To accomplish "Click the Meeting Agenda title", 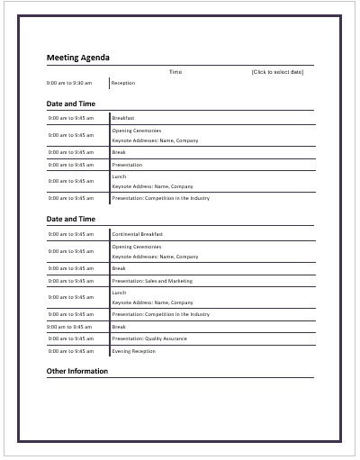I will [78, 58].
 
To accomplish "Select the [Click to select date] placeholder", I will [277, 71].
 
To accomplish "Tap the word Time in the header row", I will [175, 71].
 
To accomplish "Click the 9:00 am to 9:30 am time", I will [69, 83].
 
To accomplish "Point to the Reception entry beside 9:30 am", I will [123, 83].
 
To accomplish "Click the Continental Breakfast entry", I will [138, 234].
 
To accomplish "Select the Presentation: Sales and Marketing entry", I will [152, 281].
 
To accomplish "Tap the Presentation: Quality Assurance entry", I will [149, 338].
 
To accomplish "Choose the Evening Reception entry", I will [133, 351].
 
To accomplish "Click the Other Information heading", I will [77, 371].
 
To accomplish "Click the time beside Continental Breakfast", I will [70, 234].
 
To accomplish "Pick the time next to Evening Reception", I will [70, 351].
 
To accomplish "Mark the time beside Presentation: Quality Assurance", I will [70, 338].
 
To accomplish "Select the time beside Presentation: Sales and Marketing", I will [70, 281].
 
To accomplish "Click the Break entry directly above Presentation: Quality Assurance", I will [119, 327].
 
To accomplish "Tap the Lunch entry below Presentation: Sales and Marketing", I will [120, 293].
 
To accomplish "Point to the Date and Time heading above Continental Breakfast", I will [71, 219].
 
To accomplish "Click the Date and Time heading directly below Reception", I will [71, 104].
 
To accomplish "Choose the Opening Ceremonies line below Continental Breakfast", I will [137, 246].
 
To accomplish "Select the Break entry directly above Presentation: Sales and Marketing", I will [119, 268].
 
